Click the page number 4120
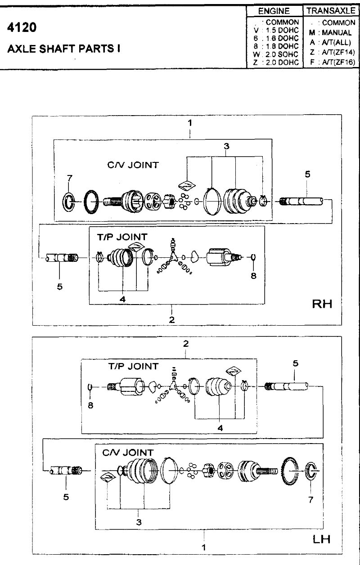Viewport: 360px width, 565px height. pyautogui.click(x=22, y=27)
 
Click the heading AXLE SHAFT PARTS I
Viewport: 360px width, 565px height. pyautogui.click(x=64, y=49)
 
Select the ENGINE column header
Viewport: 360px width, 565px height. pyautogui.click(x=274, y=11)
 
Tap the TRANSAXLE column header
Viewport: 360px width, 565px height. pyautogui.click(x=331, y=11)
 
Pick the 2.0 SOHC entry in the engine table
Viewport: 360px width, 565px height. pyautogui.click(x=282, y=54)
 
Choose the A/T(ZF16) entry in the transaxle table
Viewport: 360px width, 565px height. pyautogui.click(x=338, y=62)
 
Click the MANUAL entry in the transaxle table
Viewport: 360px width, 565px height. pyautogui.click(x=337, y=32)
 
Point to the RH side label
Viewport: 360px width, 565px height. pyautogui.click(x=322, y=304)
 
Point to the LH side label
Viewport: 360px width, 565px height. pyautogui.click(x=321, y=539)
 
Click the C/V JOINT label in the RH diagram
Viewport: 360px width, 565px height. pyautogui.click(x=133, y=165)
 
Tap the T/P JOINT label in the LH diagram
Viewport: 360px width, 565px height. pyautogui.click(x=133, y=366)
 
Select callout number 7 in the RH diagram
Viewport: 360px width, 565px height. pyautogui.click(x=70, y=178)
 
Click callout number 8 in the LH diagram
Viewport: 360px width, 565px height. pyautogui.click(x=90, y=405)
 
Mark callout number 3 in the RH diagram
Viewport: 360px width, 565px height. pyautogui.click(x=226, y=146)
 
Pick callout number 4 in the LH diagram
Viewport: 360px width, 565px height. pyautogui.click(x=220, y=428)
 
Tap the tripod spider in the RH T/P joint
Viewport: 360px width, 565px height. pyautogui.click(x=173, y=256)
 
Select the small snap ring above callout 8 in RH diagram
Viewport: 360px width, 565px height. pyautogui.click(x=254, y=257)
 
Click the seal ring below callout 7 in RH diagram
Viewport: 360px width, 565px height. pyautogui.click(x=68, y=202)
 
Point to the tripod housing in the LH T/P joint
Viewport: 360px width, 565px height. pyautogui.click(x=132, y=387)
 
